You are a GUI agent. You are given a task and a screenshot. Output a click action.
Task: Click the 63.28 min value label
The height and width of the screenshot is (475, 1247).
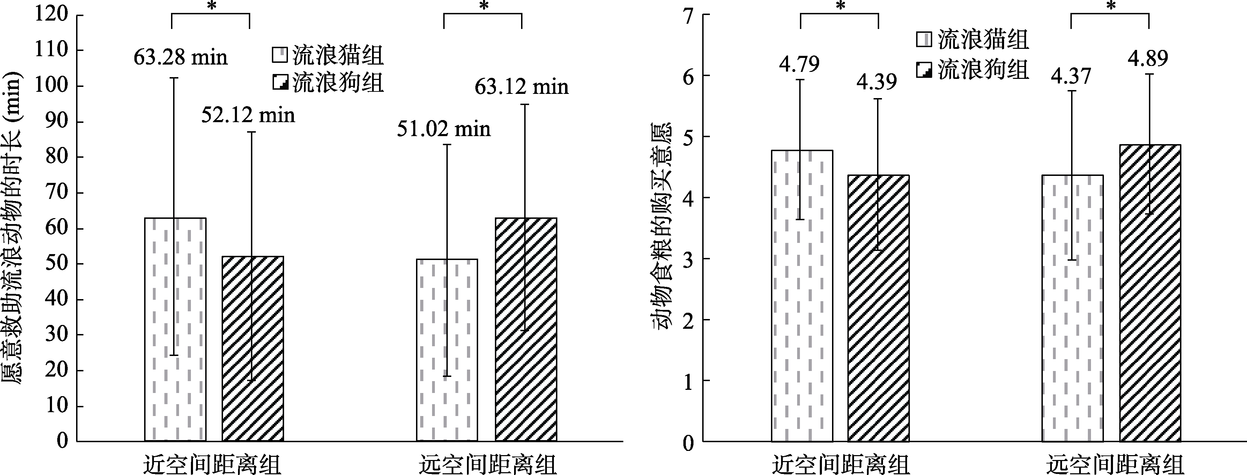[x=180, y=58]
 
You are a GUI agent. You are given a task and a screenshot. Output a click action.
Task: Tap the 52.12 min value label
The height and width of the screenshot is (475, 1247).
[x=248, y=115]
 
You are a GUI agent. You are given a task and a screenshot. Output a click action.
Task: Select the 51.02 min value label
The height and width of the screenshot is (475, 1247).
[x=444, y=129]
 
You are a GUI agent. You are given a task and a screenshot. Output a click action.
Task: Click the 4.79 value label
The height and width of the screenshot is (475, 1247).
[x=799, y=64]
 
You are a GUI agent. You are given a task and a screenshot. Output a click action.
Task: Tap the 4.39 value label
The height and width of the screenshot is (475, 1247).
[x=877, y=82]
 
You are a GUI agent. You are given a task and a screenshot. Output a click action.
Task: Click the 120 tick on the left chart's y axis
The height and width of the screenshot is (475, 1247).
[x=51, y=15]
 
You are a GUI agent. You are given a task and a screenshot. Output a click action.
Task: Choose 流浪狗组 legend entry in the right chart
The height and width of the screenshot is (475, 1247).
[x=973, y=70]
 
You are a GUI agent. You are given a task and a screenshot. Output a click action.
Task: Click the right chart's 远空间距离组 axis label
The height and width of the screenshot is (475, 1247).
[x=1115, y=465]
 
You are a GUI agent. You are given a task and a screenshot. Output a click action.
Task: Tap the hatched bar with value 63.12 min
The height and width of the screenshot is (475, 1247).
[x=526, y=329]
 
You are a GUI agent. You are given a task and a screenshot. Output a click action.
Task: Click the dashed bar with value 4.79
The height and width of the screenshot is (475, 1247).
[x=802, y=295]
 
